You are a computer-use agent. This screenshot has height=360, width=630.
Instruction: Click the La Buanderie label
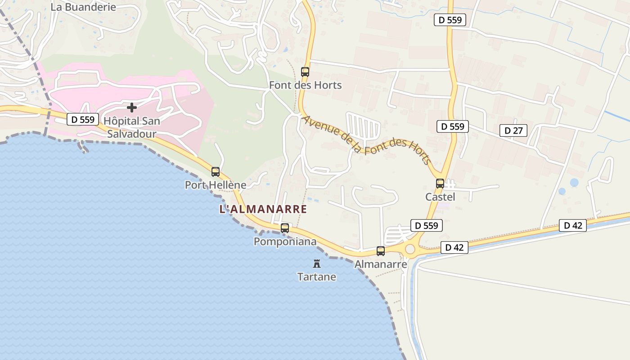(x=83, y=7)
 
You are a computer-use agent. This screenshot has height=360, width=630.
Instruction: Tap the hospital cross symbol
(x=132, y=108)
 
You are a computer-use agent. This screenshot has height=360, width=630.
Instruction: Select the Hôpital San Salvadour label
(x=132, y=127)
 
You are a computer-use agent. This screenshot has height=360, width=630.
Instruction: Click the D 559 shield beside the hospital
(x=83, y=119)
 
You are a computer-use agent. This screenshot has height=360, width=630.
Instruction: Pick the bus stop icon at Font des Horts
(x=305, y=72)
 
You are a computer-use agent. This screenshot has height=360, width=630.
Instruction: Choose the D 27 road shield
(x=513, y=130)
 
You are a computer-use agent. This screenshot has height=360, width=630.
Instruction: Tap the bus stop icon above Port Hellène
(x=216, y=171)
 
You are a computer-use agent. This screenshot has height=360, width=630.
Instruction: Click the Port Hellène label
(x=216, y=185)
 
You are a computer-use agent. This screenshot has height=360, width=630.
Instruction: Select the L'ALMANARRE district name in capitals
(x=263, y=209)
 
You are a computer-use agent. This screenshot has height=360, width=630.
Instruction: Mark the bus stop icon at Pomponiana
(x=285, y=228)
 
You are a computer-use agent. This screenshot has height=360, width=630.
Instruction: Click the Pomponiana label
(x=285, y=242)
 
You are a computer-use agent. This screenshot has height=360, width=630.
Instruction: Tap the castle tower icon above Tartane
(x=317, y=263)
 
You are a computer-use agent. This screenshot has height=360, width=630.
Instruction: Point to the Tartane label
(x=317, y=277)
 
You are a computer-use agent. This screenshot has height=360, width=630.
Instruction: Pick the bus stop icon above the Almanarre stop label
(x=381, y=251)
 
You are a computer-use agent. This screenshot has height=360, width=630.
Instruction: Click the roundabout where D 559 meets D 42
(x=410, y=249)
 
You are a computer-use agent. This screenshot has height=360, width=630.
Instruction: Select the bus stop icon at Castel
(x=440, y=184)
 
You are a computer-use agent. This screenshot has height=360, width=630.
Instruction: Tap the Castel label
(x=440, y=197)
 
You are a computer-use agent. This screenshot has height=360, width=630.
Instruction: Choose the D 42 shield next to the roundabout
(x=454, y=247)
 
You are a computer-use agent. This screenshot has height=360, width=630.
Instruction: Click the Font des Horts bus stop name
(x=305, y=85)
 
